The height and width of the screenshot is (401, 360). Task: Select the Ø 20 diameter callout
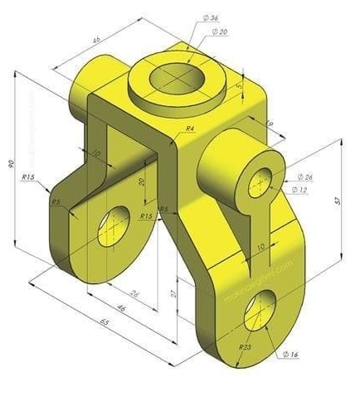pos(221,31)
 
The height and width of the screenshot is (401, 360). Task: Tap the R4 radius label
pos(190,129)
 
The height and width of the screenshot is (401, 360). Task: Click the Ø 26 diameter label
pos(304,177)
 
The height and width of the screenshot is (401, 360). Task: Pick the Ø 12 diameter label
pos(300,190)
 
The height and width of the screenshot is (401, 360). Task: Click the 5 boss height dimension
pos(241,85)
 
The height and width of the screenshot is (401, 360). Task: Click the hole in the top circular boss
pos(177,78)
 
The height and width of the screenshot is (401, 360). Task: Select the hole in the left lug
pos(114,225)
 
